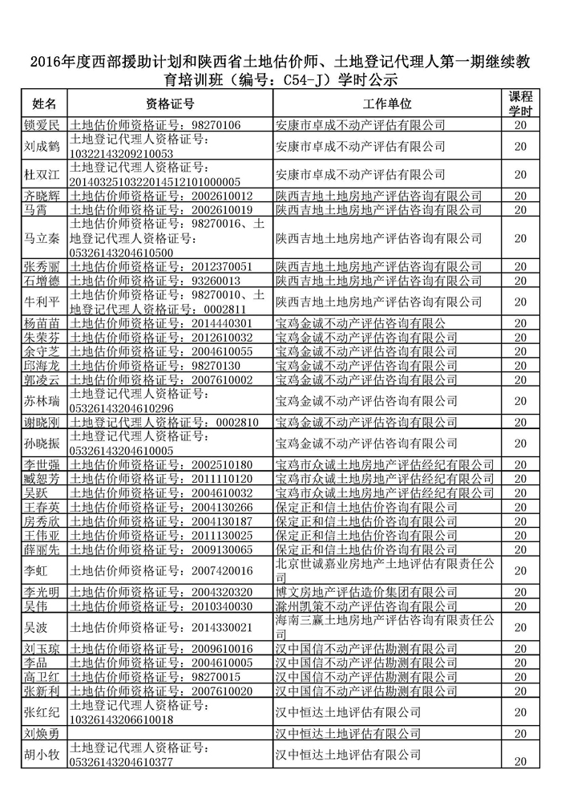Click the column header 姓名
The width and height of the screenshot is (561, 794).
44,104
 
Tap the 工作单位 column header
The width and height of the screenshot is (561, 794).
387,104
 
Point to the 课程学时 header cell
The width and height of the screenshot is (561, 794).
521,103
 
